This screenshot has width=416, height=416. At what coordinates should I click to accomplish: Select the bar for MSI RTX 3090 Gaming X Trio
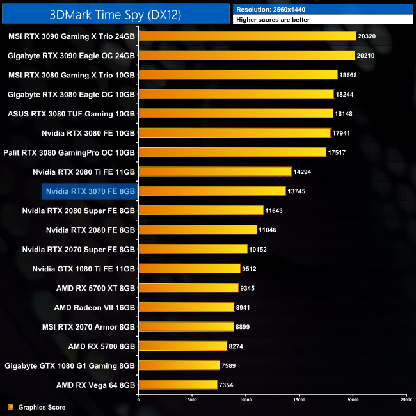pyautogui.click(x=247, y=36)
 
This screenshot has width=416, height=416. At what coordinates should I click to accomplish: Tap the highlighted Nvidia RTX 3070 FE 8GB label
pyautogui.click(x=90, y=191)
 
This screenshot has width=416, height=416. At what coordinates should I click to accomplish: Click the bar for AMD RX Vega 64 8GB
pyautogui.click(x=178, y=385)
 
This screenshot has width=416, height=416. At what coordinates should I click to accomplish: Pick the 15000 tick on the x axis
pyautogui.click(x=299, y=400)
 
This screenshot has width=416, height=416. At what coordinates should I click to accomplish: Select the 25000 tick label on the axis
pyautogui.click(x=406, y=400)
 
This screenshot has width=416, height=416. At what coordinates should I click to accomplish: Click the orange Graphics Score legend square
pyautogui.click(x=10, y=407)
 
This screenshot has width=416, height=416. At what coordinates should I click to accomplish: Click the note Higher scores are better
pyautogui.click(x=273, y=20)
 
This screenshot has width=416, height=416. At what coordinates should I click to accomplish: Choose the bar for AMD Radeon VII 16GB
pyautogui.click(x=186, y=307)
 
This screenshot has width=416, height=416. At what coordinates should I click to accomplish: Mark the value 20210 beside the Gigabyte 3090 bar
pyautogui.click(x=367, y=56)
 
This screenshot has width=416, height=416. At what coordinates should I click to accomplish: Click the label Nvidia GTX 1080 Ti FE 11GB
pyautogui.click(x=83, y=268)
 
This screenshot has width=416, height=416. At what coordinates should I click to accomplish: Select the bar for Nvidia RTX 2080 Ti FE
pyautogui.click(x=215, y=172)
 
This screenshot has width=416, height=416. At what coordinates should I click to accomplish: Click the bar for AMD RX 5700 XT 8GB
pyautogui.click(x=188, y=288)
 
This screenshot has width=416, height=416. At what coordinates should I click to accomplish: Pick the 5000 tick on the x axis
pyautogui.click(x=192, y=400)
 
